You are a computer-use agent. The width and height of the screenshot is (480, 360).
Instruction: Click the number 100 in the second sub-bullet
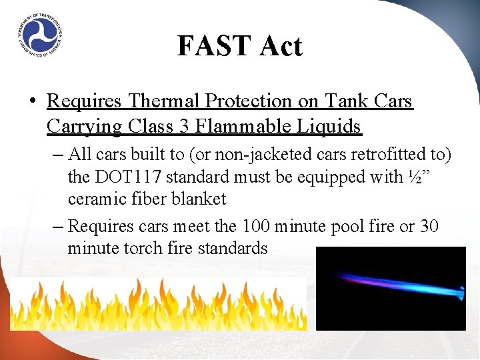(x=257, y=227)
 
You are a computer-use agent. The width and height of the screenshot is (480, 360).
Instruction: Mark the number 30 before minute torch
(x=429, y=227)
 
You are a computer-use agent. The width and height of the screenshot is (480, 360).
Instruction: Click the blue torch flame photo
(x=391, y=288)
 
